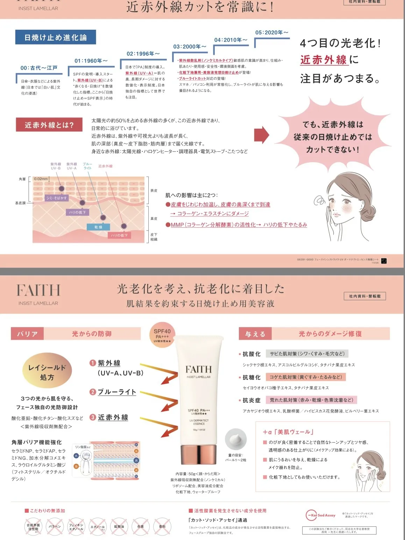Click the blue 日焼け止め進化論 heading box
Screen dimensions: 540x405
tap(55, 37)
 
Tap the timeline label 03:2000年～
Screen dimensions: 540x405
tap(190, 47)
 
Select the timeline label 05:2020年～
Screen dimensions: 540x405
tap(272, 33)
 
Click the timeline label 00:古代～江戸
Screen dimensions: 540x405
tap(39, 68)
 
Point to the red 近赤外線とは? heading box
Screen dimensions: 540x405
tap(49, 125)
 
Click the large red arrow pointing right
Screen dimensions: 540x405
tap(261, 135)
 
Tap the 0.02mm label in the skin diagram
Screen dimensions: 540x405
tap(41, 179)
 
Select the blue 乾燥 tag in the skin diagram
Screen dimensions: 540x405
tap(98, 227)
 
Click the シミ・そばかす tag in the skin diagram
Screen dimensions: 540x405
tap(57, 198)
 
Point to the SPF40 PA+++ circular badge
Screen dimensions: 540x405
tap(162, 335)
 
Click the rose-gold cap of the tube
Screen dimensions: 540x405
tap(198, 454)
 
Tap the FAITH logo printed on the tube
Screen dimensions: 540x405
tap(198, 369)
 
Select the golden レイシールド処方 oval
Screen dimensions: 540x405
tap(47, 372)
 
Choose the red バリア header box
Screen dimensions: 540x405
tap(27, 334)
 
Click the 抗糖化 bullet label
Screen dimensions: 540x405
tap(251, 377)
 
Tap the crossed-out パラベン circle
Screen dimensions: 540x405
tap(55, 526)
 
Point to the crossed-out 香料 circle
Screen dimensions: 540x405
tap(162, 526)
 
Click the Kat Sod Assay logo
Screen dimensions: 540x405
tap(320, 515)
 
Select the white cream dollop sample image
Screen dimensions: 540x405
tap(235, 439)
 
